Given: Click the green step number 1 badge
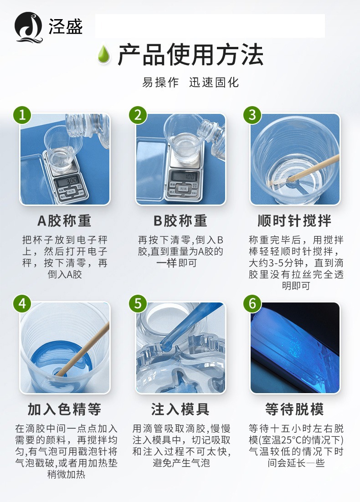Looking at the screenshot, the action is (22, 115).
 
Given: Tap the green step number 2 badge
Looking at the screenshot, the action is (138, 115).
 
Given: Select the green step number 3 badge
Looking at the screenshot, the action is (252, 115).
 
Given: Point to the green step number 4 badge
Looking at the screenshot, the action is (22, 303).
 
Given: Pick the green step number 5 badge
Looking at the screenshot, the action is (138, 303).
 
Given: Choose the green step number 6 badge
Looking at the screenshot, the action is (252, 303).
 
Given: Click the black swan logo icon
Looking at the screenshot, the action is (29, 27).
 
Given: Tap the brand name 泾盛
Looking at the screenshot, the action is (66, 26).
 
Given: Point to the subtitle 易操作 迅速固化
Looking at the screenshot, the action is (190, 82).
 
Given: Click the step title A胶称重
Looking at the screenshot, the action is (65, 220).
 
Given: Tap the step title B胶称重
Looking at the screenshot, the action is (180, 220).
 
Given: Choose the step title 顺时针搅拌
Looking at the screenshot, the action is (295, 220).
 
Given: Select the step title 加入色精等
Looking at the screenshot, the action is (65, 409).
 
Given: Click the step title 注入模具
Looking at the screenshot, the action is (180, 409).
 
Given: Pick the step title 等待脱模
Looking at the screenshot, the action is (295, 409).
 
